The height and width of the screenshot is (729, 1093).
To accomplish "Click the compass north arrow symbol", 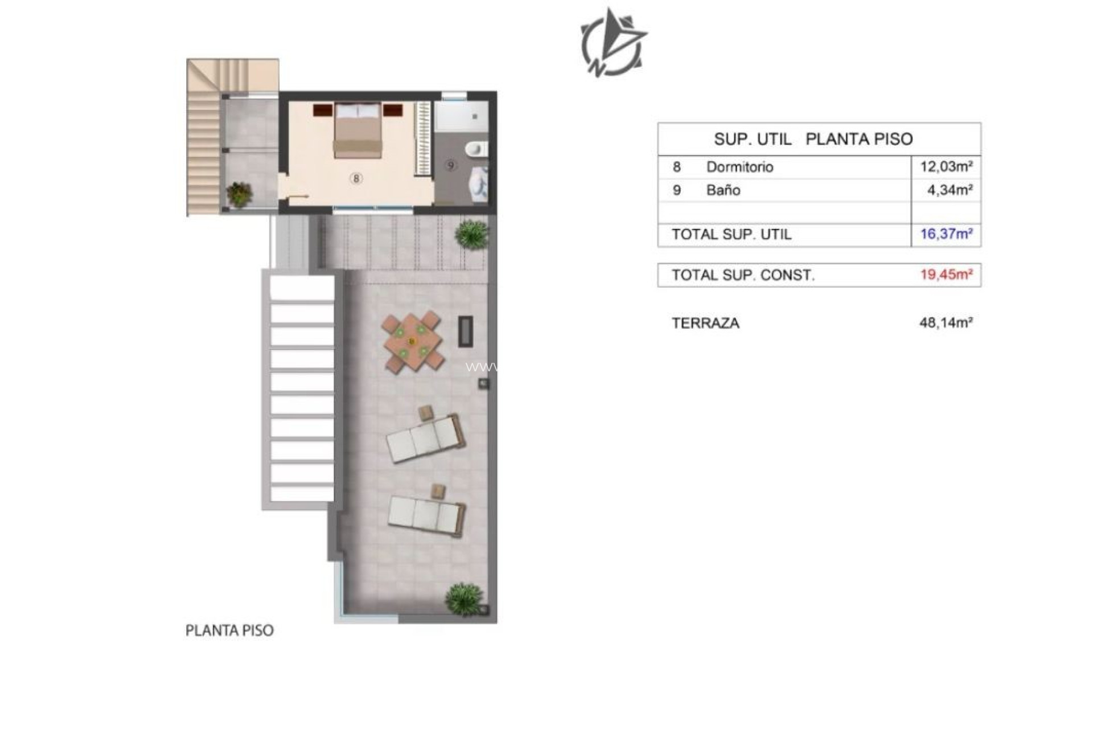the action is [613, 43].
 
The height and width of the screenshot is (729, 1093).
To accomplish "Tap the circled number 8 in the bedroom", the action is [356, 178].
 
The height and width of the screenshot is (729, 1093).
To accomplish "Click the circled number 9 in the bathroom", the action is [451, 166].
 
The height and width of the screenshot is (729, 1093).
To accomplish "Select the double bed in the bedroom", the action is [357, 130].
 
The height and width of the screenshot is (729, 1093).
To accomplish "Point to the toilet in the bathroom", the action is [476, 150].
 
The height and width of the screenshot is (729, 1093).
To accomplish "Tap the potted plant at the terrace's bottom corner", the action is [465, 599].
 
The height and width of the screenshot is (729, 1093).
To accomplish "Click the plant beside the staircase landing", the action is [240, 194].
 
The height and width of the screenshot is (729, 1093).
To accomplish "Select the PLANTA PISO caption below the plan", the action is [229, 630].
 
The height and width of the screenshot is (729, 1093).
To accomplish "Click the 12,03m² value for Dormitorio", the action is [946, 167].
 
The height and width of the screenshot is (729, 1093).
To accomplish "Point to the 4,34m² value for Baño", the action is [950, 190].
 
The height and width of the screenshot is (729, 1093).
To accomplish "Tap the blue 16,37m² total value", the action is [946, 234].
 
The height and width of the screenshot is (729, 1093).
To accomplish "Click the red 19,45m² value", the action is [946, 275].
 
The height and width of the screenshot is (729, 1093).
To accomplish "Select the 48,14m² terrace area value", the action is [946, 323].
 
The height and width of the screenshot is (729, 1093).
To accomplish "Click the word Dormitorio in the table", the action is [739, 167].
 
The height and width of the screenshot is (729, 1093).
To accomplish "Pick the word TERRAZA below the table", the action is [705, 323].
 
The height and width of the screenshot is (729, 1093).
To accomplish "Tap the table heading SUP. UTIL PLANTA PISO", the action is [813, 139].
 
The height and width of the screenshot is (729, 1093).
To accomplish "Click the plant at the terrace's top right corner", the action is [472, 234].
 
